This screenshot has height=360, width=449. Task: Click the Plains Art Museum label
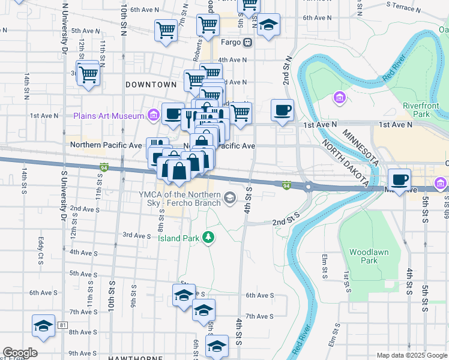(108, 115)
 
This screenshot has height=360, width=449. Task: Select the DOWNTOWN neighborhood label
(151, 85)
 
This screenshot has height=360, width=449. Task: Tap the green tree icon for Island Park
(208, 238)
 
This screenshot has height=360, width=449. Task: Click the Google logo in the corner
(20, 353)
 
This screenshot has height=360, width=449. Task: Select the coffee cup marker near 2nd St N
(282, 110)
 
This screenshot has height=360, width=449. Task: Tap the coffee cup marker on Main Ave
(399, 179)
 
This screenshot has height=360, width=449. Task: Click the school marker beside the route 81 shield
(43, 325)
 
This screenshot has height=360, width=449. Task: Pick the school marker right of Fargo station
(269, 25)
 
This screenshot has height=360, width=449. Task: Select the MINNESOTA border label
(360, 147)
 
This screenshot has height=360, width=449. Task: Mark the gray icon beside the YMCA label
(229, 198)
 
